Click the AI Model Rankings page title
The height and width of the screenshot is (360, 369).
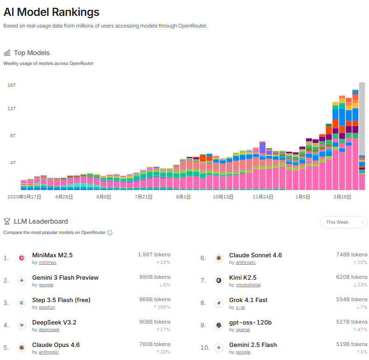51,12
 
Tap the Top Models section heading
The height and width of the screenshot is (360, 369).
31,53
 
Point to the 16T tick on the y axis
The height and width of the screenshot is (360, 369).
12,85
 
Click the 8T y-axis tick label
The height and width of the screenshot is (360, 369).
13,136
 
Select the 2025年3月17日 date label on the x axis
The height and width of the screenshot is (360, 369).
24,197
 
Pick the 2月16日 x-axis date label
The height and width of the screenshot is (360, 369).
342,197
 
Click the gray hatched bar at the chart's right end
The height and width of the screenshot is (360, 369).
362,117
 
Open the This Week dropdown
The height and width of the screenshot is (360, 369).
343,222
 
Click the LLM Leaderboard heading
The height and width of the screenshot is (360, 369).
41,221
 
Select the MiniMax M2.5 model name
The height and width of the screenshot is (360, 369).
52,255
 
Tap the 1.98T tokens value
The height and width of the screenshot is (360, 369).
154,255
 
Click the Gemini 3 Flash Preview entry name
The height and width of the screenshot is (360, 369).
65,278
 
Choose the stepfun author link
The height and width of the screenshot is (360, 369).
47,307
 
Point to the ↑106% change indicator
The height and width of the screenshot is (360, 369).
161,307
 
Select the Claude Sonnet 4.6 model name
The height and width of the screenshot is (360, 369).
255,255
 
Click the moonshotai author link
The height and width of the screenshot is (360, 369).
249,285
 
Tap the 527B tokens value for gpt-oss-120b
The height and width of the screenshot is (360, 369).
352,322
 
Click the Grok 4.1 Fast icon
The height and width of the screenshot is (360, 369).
218,303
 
